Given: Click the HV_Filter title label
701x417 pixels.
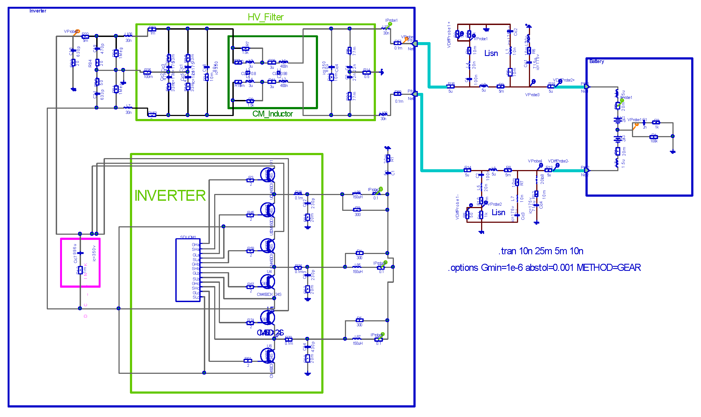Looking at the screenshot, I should [x=265, y=17].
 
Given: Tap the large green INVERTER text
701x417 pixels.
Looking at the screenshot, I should [x=170, y=196].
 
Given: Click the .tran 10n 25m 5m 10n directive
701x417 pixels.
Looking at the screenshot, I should [x=540, y=251].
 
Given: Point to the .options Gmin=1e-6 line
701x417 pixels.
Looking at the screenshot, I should [x=544, y=268].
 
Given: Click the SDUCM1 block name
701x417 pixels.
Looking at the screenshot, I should [x=188, y=237].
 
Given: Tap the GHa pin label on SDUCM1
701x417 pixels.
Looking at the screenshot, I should [x=195, y=245].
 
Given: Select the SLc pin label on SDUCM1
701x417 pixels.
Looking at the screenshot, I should [x=196, y=297].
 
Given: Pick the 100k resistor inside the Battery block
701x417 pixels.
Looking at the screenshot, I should [x=653, y=137].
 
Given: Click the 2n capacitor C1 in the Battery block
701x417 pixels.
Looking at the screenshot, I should [x=644, y=123].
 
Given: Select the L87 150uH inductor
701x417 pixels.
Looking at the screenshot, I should [x=357, y=339].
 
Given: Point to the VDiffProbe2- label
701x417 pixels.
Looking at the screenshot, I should [x=558, y=161].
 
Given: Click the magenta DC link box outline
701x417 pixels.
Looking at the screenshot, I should [x=61, y=263].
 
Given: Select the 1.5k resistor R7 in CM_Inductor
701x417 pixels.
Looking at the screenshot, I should [x=245, y=49].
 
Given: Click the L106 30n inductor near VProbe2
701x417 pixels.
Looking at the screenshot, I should [x=128, y=36].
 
